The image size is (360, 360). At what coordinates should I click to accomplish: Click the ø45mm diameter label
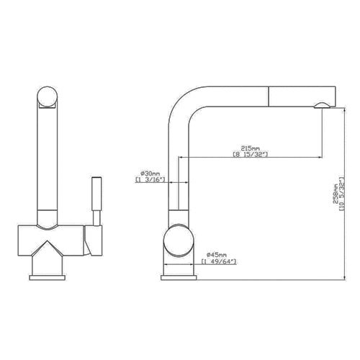coord(217,255)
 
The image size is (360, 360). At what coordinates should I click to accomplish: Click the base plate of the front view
coord(48,276)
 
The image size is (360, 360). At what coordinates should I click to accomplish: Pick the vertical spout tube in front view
coord(48,158)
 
